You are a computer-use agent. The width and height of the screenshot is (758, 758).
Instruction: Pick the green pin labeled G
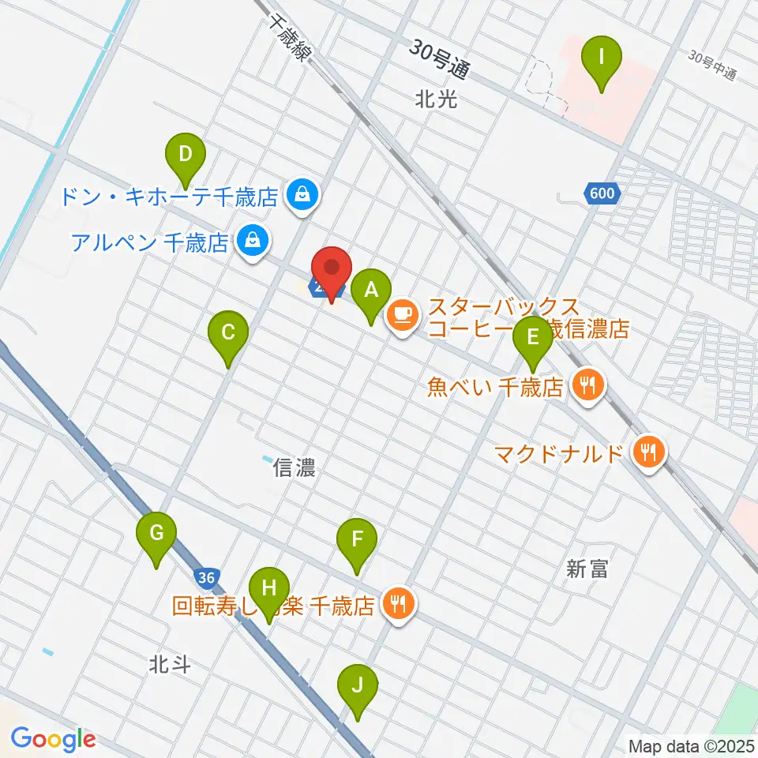[x=156, y=536]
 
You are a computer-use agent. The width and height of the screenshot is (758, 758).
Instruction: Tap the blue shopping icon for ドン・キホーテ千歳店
[x=302, y=193]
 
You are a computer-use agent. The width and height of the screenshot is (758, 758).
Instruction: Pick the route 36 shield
[x=206, y=578]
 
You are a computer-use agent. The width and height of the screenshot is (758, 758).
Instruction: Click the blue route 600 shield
[x=604, y=193]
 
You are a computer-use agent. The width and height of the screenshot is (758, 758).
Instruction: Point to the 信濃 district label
[x=295, y=468]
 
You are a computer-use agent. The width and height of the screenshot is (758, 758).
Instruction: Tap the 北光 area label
[x=435, y=99]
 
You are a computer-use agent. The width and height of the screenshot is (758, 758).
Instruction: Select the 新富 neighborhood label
[x=587, y=568]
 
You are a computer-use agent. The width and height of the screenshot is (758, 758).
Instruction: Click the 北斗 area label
[x=169, y=665]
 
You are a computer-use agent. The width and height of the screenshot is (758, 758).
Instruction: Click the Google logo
[x=53, y=740]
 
